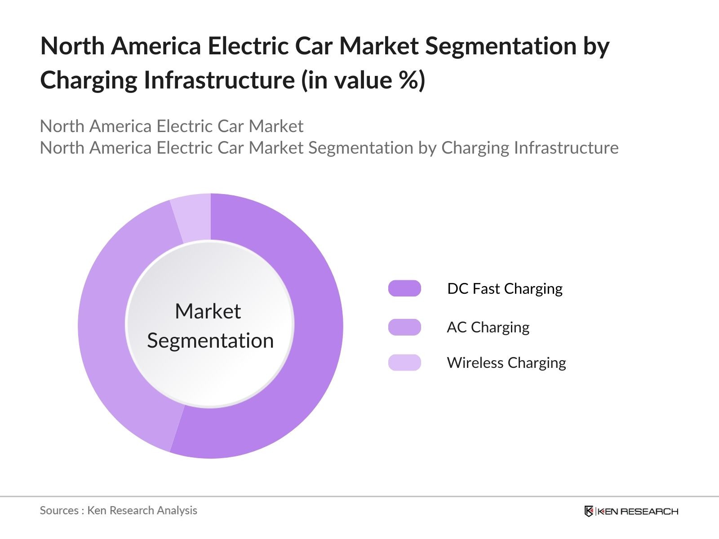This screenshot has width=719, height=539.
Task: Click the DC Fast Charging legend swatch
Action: click(404, 288)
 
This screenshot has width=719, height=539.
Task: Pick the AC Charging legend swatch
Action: click(404, 327)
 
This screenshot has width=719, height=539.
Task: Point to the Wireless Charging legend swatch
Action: click(404, 362)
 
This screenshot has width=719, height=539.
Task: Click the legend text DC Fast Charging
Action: click(505, 289)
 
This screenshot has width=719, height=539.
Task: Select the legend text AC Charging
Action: click(488, 327)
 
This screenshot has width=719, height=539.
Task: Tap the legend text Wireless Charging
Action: click(506, 363)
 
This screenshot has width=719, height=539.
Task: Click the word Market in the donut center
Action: click(208, 311)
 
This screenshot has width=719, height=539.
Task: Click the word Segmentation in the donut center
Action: click(210, 340)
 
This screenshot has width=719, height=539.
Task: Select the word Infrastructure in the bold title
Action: click(219, 80)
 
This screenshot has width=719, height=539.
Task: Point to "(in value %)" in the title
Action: click(363, 80)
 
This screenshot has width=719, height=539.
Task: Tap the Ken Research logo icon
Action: click(589, 511)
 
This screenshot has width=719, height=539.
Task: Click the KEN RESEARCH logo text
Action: click(637, 511)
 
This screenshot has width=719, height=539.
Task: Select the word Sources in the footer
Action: click(59, 510)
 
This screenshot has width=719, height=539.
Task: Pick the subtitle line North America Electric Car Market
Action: click(172, 126)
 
